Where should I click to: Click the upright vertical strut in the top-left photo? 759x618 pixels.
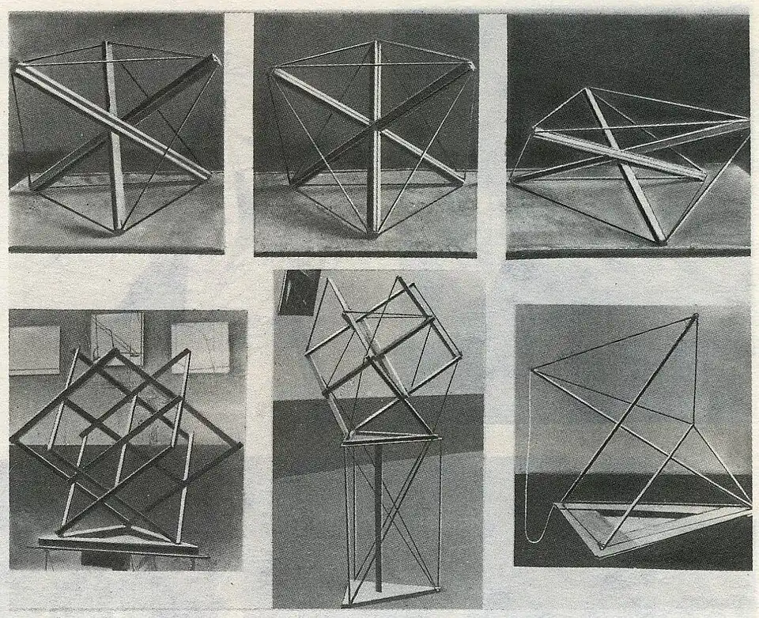pos(112,134)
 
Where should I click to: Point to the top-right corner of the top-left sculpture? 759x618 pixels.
pos(216,58)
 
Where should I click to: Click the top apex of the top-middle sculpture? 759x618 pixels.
pos(376,42)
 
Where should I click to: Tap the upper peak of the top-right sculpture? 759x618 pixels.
pos(586,89)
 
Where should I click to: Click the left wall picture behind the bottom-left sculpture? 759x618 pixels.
pos(34,349)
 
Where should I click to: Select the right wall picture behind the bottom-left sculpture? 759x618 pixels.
pos(200,346)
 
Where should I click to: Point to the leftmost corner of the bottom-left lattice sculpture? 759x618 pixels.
pos(13,439)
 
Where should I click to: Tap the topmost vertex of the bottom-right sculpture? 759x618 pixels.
pos(695,317)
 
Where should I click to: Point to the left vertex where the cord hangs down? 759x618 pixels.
pos(534,369)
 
